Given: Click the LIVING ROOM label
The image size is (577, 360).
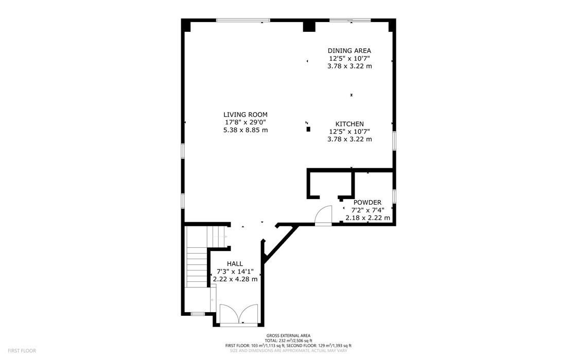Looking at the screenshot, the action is coord(246,115).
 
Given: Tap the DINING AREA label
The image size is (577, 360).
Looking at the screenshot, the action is coord(349,51).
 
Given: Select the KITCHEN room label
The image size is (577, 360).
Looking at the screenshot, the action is coord(349,124).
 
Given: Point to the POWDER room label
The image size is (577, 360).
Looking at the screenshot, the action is coord(367,203).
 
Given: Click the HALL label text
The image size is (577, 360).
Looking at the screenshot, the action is coord(235,264).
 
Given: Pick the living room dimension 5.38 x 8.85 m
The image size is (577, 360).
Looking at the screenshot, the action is coord(246,130).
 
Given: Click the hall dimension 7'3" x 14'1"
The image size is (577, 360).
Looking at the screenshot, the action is coord(235,272).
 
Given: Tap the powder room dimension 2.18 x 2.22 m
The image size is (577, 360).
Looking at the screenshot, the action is coord(368,218).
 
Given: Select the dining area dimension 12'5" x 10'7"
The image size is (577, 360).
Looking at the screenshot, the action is coord(349,59).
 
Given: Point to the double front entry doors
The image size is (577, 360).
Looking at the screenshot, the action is coord(238,314).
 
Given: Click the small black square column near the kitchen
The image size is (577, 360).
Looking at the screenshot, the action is coord(308,129).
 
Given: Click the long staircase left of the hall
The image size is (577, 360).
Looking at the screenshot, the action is coord(197,266).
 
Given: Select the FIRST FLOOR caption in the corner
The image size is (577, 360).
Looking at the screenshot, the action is coord(22,351).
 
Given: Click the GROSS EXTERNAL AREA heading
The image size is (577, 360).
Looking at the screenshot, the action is coord(288,335).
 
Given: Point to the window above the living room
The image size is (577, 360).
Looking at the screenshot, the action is coord(243,20).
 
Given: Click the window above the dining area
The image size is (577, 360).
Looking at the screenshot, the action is coord(350,20).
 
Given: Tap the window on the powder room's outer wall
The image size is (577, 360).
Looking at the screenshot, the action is coord(394,196).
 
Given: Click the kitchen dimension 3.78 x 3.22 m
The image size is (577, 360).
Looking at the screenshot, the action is coord(349,139).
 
